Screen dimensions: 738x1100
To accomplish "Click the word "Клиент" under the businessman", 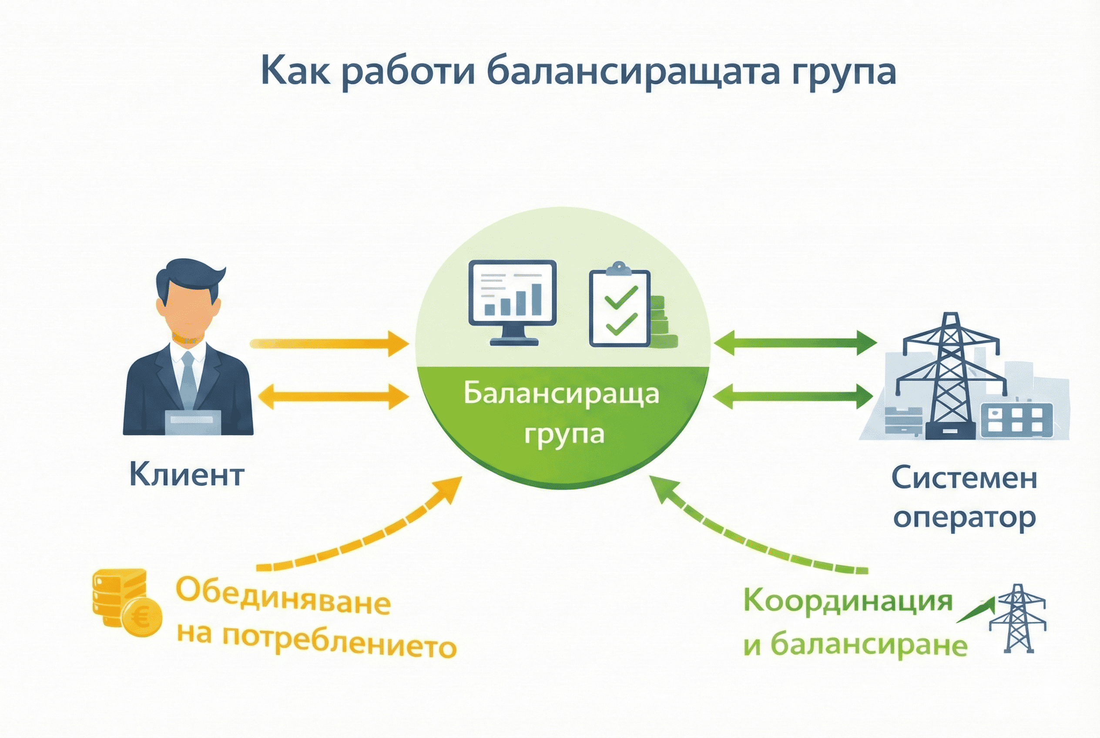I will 186,475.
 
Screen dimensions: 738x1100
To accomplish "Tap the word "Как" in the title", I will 295,70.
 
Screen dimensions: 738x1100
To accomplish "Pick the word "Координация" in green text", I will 848,602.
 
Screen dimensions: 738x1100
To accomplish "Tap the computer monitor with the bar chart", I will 513,301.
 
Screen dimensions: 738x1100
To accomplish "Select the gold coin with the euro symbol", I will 142,617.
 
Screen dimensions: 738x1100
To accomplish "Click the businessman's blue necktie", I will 189,379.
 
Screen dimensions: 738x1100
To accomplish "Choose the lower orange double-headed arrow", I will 333,396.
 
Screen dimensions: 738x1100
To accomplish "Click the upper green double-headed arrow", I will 795,342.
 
